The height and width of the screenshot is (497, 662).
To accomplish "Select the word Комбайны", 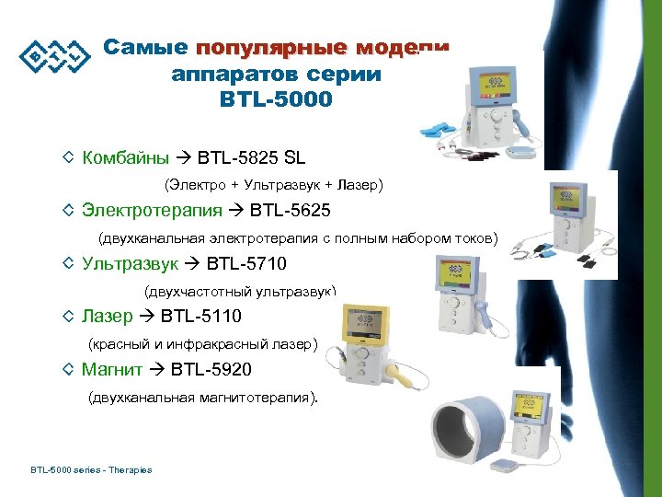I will pyautogui.click(x=126, y=157).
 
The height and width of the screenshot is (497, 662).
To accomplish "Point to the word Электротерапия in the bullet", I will pyautogui.click(x=152, y=211).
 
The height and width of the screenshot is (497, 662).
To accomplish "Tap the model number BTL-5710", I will pyautogui.click(x=246, y=264).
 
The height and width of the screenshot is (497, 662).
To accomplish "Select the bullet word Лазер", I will pyautogui.click(x=106, y=318).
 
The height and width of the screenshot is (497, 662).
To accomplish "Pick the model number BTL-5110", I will pyautogui.click(x=200, y=318).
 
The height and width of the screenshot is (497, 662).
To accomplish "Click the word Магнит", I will pyautogui.click(x=112, y=370).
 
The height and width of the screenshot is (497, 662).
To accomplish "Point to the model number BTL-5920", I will pyautogui.click(x=211, y=370).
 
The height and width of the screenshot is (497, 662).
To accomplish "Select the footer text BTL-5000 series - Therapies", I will pyautogui.click(x=91, y=470).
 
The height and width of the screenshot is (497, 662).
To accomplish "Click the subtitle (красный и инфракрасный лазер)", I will pyautogui.click(x=202, y=345).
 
